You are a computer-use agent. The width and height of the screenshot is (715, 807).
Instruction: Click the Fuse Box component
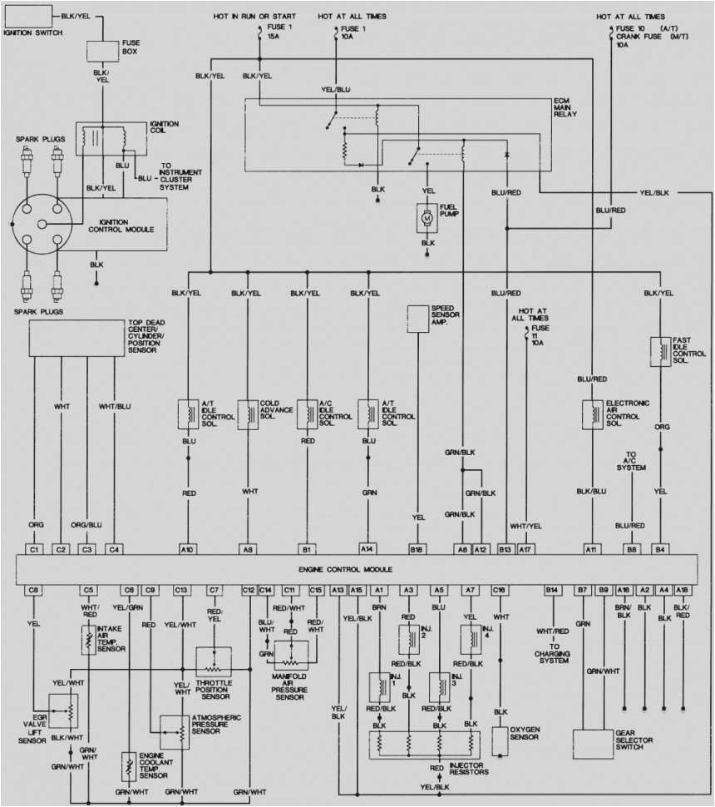click(103, 51)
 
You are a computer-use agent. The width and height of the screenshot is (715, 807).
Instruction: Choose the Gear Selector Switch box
click(599, 740)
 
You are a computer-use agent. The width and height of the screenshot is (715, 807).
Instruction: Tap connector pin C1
click(34, 549)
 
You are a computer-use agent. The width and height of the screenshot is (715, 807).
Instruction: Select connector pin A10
click(188, 549)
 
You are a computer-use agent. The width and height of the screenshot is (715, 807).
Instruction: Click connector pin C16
click(499, 589)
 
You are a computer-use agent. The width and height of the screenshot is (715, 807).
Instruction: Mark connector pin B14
click(551, 589)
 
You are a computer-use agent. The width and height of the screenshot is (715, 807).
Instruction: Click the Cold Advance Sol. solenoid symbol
click(248, 413)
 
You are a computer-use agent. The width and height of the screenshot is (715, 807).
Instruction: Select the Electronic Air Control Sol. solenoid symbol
click(592, 413)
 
